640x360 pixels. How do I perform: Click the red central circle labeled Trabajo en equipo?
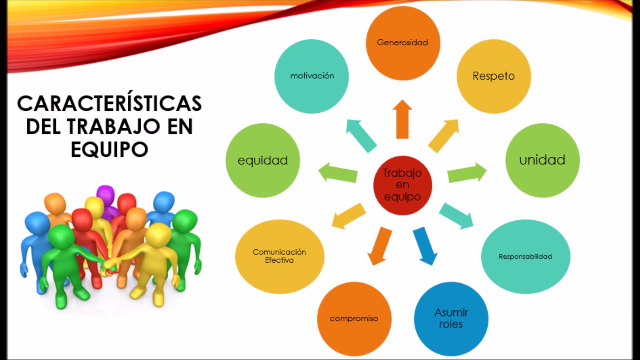[402, 185]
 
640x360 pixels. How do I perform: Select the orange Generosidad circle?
[403, 43]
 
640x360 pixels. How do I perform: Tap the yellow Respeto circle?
[494, 76]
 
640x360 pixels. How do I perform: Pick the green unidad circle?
[542, 160]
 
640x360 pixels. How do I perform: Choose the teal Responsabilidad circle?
[525, 256]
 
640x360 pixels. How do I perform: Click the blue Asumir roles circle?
[451, 318]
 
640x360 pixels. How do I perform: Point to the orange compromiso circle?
[354, 318]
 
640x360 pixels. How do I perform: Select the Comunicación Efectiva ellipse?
[280, 256]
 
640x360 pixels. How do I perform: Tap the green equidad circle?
[263, 160]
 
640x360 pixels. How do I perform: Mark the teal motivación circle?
[312, 76]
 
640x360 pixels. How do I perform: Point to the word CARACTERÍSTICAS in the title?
[109, 104]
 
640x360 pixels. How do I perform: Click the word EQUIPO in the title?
[109, 149]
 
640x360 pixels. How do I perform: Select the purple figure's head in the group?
[105, 194]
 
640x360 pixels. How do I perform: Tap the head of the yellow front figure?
[158, 235]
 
